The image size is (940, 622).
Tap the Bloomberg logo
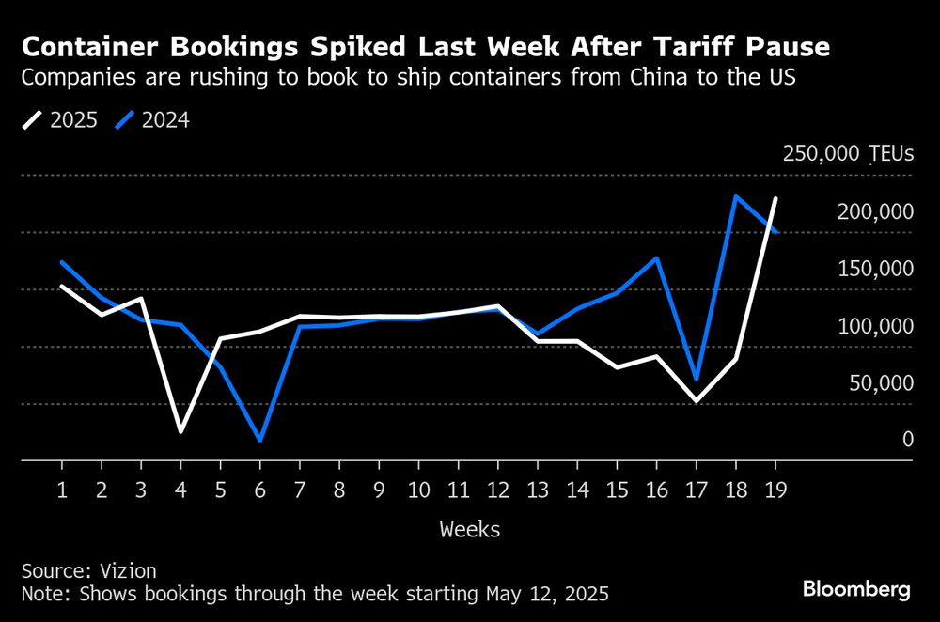click(x=856, y=590)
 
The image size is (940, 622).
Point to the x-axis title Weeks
click(x=470, y=530)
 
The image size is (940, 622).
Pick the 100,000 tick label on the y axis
click(x=874, y=326)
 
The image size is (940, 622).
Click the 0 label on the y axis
click(x=907, y=440)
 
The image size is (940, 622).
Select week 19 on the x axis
click(x=775, y=490)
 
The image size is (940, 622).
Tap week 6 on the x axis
click(x=259, y=490)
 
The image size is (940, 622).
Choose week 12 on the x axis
click(x=497, y=490)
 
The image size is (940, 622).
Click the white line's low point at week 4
click(x=180, y=431)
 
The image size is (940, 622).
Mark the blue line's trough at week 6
click(x=259, y=440)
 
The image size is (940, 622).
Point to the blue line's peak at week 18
click(x=735, y=196)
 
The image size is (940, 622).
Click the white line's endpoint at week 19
click(x=775, y=199)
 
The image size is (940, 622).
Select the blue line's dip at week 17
click(x=696, y=379)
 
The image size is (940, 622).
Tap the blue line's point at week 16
click(x=656, y=257)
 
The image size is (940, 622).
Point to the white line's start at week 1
click(x=62, y=286)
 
